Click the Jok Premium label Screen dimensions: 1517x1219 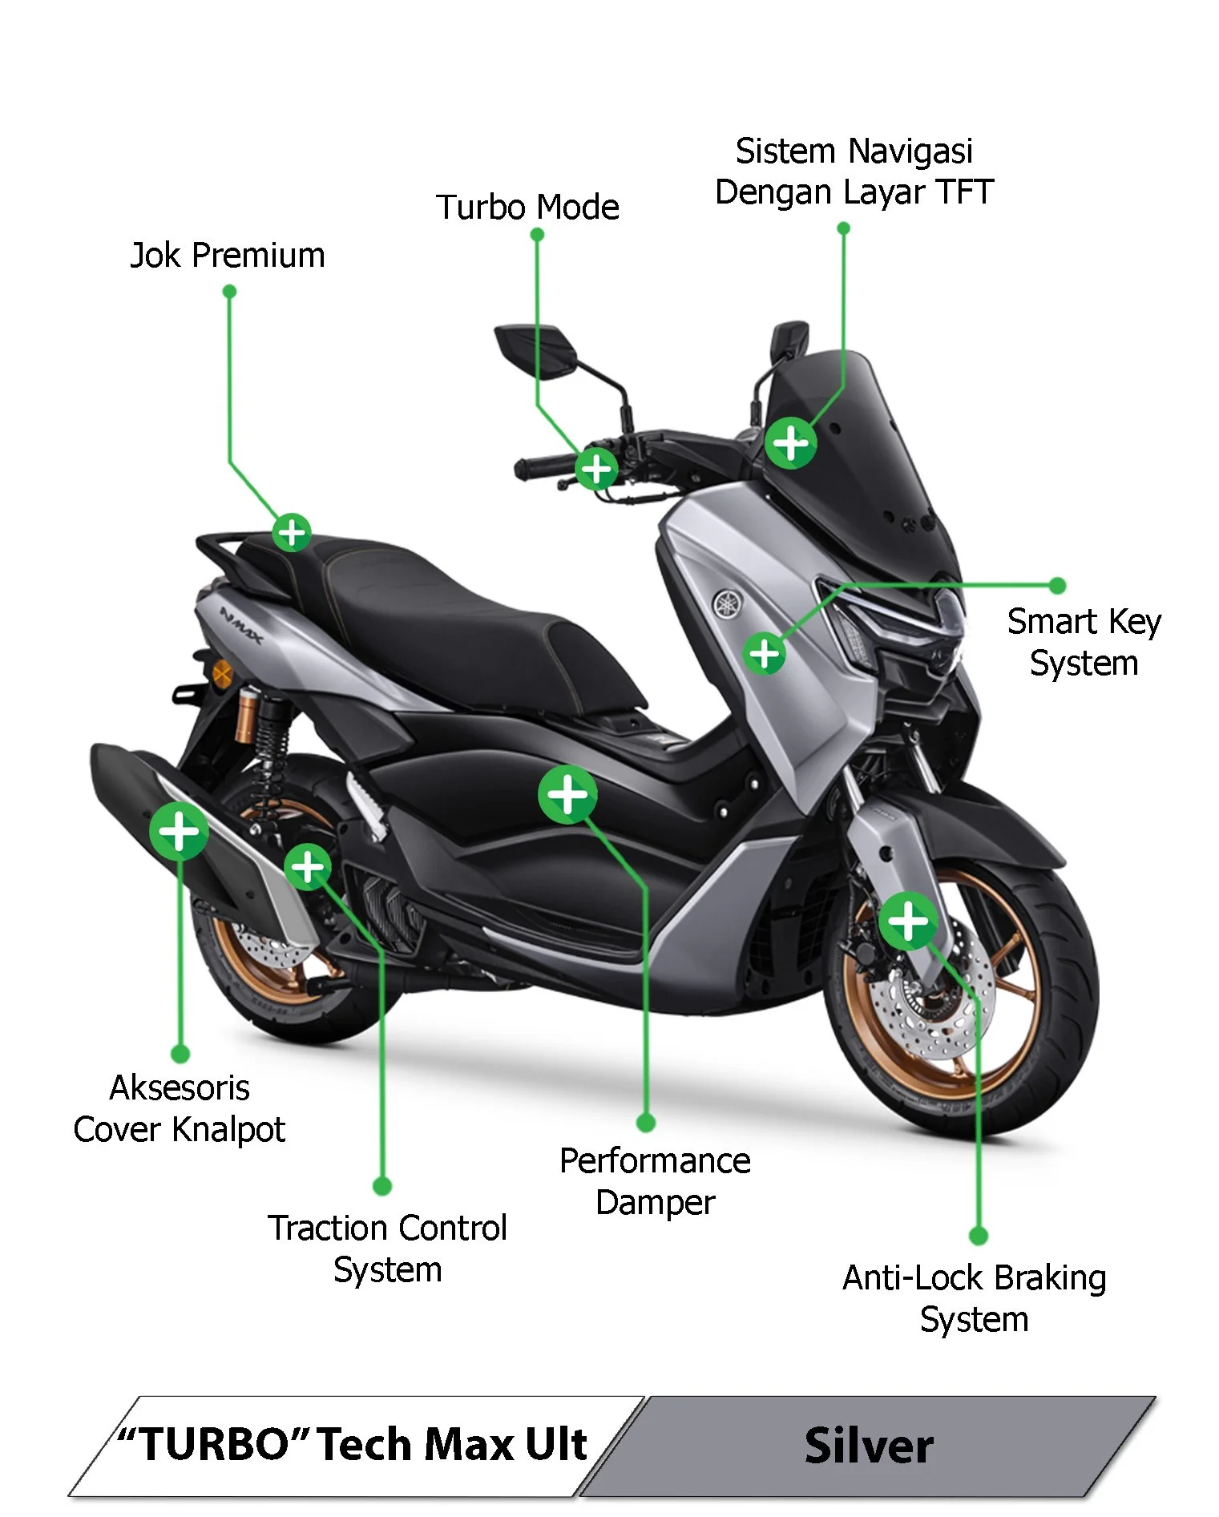pyautogui.click(x=228, y=256)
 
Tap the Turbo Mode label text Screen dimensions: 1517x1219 pyautogui.click(x=527, y=208)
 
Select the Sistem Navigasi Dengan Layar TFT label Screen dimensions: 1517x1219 pyautogui.click(x=854, y=171)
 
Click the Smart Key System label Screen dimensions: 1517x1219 pyautogui.click(x=1084, y=642)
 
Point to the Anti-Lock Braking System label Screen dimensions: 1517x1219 pyautogui.click(x=974, y=1298)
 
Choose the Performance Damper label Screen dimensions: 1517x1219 pyautogui.click(x=655, y=1181)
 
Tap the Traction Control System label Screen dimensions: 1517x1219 pyautogui.click(x=387, y=1249)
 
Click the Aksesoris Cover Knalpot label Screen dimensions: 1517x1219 pyautogui.click(x=180, y=1108)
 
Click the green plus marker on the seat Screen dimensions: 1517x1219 pyautogui.click(x=292, y=532)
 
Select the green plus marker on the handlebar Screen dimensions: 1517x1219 pyautogui.click(x=597, y=469)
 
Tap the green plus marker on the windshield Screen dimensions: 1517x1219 pyautogui.click(x=791, y=442)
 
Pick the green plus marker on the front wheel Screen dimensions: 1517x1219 pyautogui.click(x=908, y=921)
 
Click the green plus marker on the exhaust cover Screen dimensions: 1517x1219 pyautogui.click(x=179, y=830)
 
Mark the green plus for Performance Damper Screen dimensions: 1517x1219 pyautogui.click(x=567, y=795)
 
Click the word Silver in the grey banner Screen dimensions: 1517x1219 pyautogui.click(x=869, y=1446)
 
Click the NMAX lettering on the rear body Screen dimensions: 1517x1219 pyautogui.click(x=240, y=626)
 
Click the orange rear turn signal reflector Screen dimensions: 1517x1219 pyautogui.click(x=222, y=674)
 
